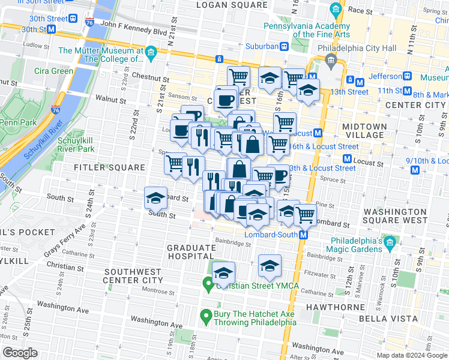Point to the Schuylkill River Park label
[85, 145]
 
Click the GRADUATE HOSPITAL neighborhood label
[191, 252]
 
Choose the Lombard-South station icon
[304, 235]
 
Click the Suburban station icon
[285, 46]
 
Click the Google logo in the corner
[20, 353]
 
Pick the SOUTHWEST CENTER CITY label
[133, 275]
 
